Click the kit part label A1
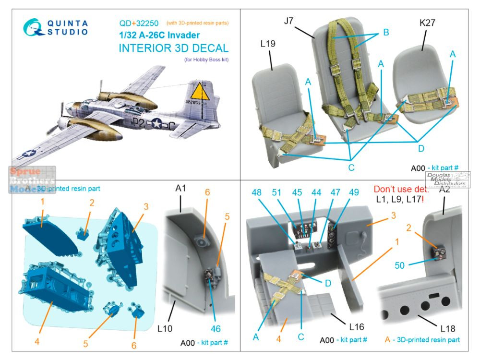click(180, 188)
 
